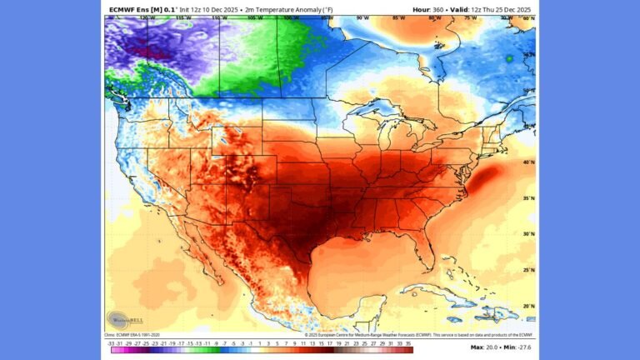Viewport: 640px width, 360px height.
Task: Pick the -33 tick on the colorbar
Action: [110, 342]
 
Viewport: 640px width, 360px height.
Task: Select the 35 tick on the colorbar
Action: [408, 342]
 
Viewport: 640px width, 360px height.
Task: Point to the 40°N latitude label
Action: [528, 162]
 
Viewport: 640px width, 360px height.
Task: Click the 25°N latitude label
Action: [528, 270]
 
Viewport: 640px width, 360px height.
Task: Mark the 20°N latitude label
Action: [528, 306]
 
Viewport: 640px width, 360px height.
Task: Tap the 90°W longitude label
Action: [362, 17]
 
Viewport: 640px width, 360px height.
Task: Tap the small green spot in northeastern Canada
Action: [508, 58]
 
